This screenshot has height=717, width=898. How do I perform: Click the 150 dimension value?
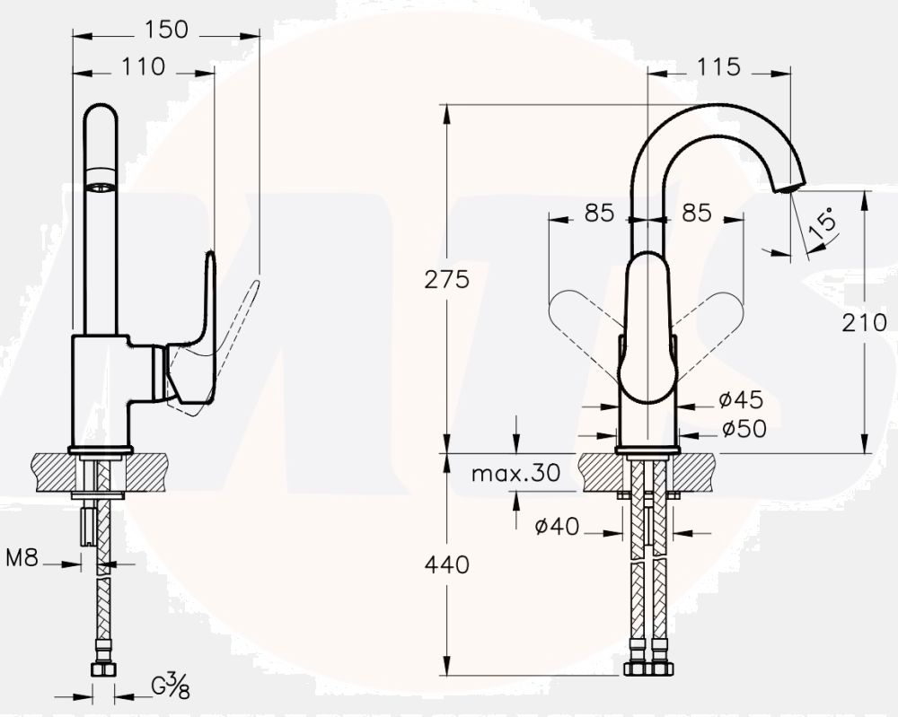pyautogui.click(x=166, y=30)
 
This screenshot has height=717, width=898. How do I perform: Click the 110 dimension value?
pyautogui.click(x=143, y=67)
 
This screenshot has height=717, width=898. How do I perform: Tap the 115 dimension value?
pyautogui.click(x=718, y=67)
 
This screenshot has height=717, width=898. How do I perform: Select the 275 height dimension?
pyautogui.click(x=446, y=279)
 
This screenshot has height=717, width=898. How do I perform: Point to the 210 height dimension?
pyautogui.click(x=864, y=323)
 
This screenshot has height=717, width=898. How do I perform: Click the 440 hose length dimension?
pyautogui.click(x=446, y=564)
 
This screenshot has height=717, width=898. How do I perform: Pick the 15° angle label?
pyautogui.click(x=823, y=225)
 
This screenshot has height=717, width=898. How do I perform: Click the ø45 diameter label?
pyautogui.click(x=742, y=399)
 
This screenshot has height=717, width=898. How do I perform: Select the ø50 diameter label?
pyautogui.click(x=744, y=428)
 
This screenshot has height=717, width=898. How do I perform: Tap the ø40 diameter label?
pyautogui.click(x=558, y=526)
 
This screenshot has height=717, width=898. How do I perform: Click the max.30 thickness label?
pyautogui.click(x=515, y=473)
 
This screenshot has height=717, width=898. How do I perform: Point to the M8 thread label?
pyautogui.click(x=22, y=557)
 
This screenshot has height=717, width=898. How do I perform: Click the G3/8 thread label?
pyautogui.click(x=170, y=686)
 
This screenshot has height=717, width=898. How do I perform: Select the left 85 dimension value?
pyautogui.click(x=599, y=213)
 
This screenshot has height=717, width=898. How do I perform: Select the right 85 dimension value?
pyautogui.click(x=697, y=213)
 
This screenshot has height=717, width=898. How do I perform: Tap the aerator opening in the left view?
pyautogui.click(x=101, y=186)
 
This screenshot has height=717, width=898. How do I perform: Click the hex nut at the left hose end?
pyautogui.click(x=103, y=669)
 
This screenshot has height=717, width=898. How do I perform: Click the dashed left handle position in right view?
pyautogui.click(x=585, y=313)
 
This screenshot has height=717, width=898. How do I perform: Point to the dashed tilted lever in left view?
pyautogui.click(x=229, y=344)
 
